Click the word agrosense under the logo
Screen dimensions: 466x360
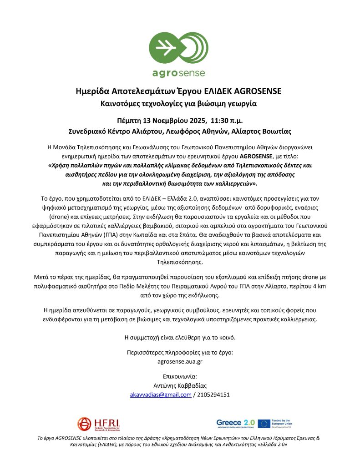pyautogui.click(x=179, y=72)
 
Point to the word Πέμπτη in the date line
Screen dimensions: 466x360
pyautogui.click(x=130, y=121)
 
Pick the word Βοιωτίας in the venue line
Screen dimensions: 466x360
pyautogui.click(x=276, y=131)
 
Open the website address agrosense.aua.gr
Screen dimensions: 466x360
pyautogui.click(x=180, y=361)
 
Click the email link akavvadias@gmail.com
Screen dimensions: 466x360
pyautogui.click(x=161, y=395)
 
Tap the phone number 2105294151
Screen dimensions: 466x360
pyautogui.click(x=213, y=395)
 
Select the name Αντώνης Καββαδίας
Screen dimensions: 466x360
pyautogui.click(x=180, y=385)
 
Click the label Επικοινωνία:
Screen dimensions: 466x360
pyautogui.click(x=180, y=376)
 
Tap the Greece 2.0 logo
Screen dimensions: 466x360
pyautogui.click(x=235, y=423)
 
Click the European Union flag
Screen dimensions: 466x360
pyautogui.click(x=264, y=423)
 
